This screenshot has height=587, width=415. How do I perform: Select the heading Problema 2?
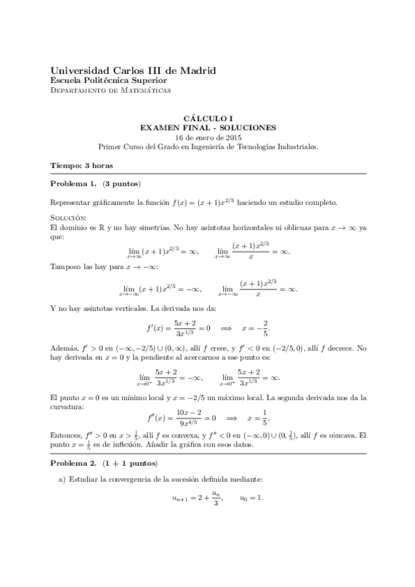click(74, 462)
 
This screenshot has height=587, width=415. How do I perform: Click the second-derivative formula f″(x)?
click(180, 417)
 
